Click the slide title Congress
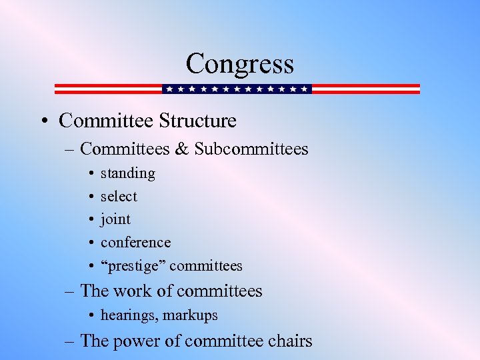(239, 64)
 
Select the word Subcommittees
(251, 149)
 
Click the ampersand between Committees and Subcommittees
(181, 149)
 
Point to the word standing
(128, 173)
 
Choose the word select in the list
(119, 196)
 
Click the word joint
(115, 219)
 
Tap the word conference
(135, 242)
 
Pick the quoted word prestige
(133, 266)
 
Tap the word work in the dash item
(133, 291)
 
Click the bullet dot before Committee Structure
(42, 121)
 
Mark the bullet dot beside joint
(89, 219)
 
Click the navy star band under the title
(237, 89)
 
